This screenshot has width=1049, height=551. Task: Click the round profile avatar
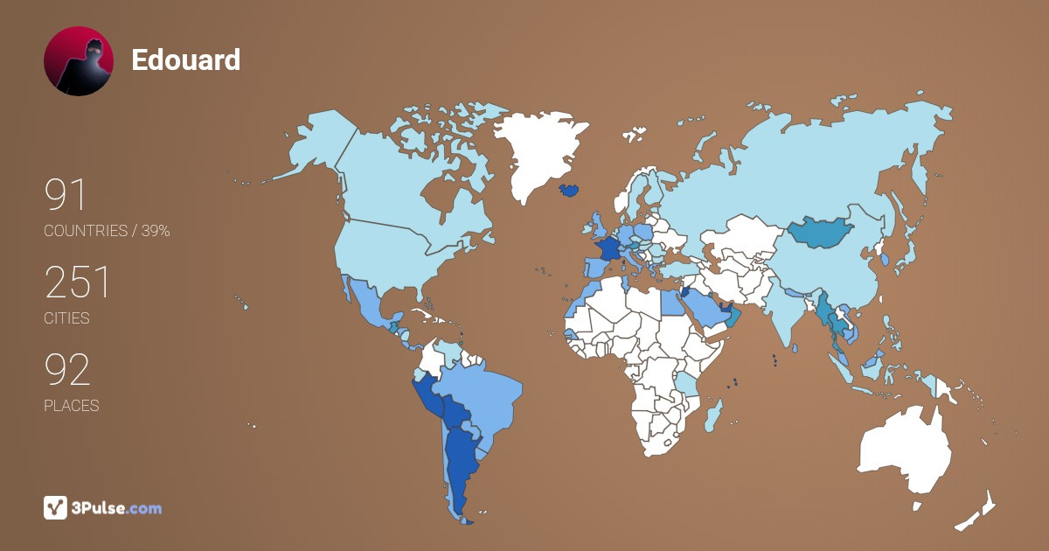click(79, 61)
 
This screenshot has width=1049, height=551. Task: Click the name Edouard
click(185, 60)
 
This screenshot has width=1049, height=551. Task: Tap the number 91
click(66, 195)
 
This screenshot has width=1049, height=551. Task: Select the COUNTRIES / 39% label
click(107, 231)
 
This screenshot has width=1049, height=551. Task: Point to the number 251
click(78, 282)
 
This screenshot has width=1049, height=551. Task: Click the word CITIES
click(66, 318)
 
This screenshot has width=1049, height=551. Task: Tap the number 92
click(67, 370)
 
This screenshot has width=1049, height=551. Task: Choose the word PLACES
click(71, 406)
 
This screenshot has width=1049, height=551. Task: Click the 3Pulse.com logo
click(103, 507)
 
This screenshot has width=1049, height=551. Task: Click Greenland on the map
click(538, 149)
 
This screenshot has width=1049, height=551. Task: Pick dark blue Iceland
click(568, 190)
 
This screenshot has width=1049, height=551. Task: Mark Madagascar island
click(713, 414)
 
